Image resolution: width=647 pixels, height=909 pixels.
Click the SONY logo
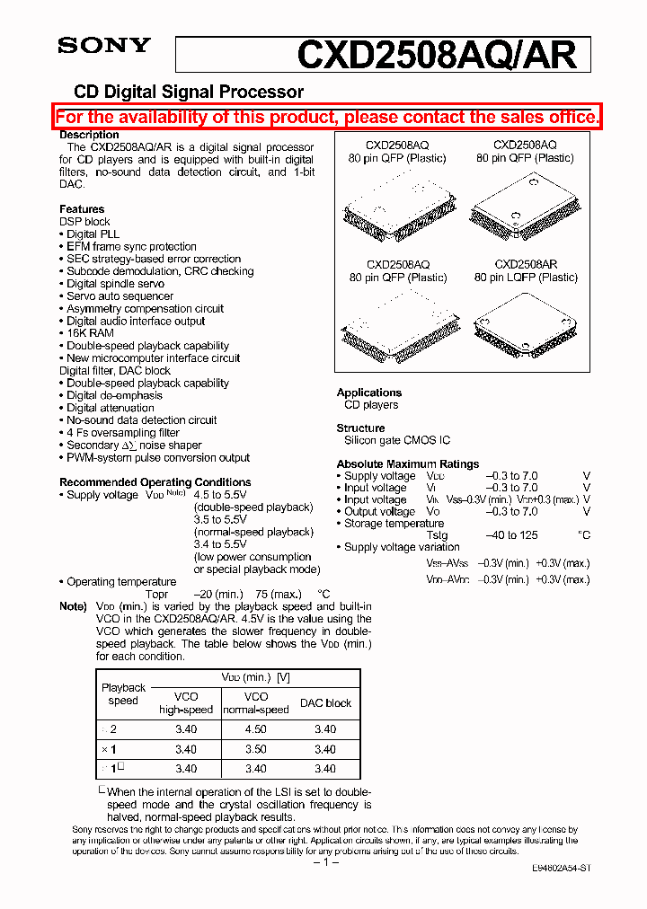104,46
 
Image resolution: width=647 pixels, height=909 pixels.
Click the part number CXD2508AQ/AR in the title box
436,55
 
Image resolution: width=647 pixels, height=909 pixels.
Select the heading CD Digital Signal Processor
188,92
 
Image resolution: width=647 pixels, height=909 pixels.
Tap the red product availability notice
327,117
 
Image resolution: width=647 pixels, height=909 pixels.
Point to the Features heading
82,208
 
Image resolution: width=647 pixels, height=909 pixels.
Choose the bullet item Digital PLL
93,234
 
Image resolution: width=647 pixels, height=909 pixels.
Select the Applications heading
368,393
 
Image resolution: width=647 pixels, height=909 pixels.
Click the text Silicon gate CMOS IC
397,440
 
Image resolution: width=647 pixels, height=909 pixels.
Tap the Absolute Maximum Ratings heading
408,464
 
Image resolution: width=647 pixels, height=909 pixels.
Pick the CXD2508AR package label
526,265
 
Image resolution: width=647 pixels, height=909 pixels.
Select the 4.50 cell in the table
256,729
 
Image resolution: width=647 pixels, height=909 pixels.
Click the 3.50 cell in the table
256,749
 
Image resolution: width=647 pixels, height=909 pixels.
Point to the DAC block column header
325,703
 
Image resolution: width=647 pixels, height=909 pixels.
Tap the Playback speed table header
123,694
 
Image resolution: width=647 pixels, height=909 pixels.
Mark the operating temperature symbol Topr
156,595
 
